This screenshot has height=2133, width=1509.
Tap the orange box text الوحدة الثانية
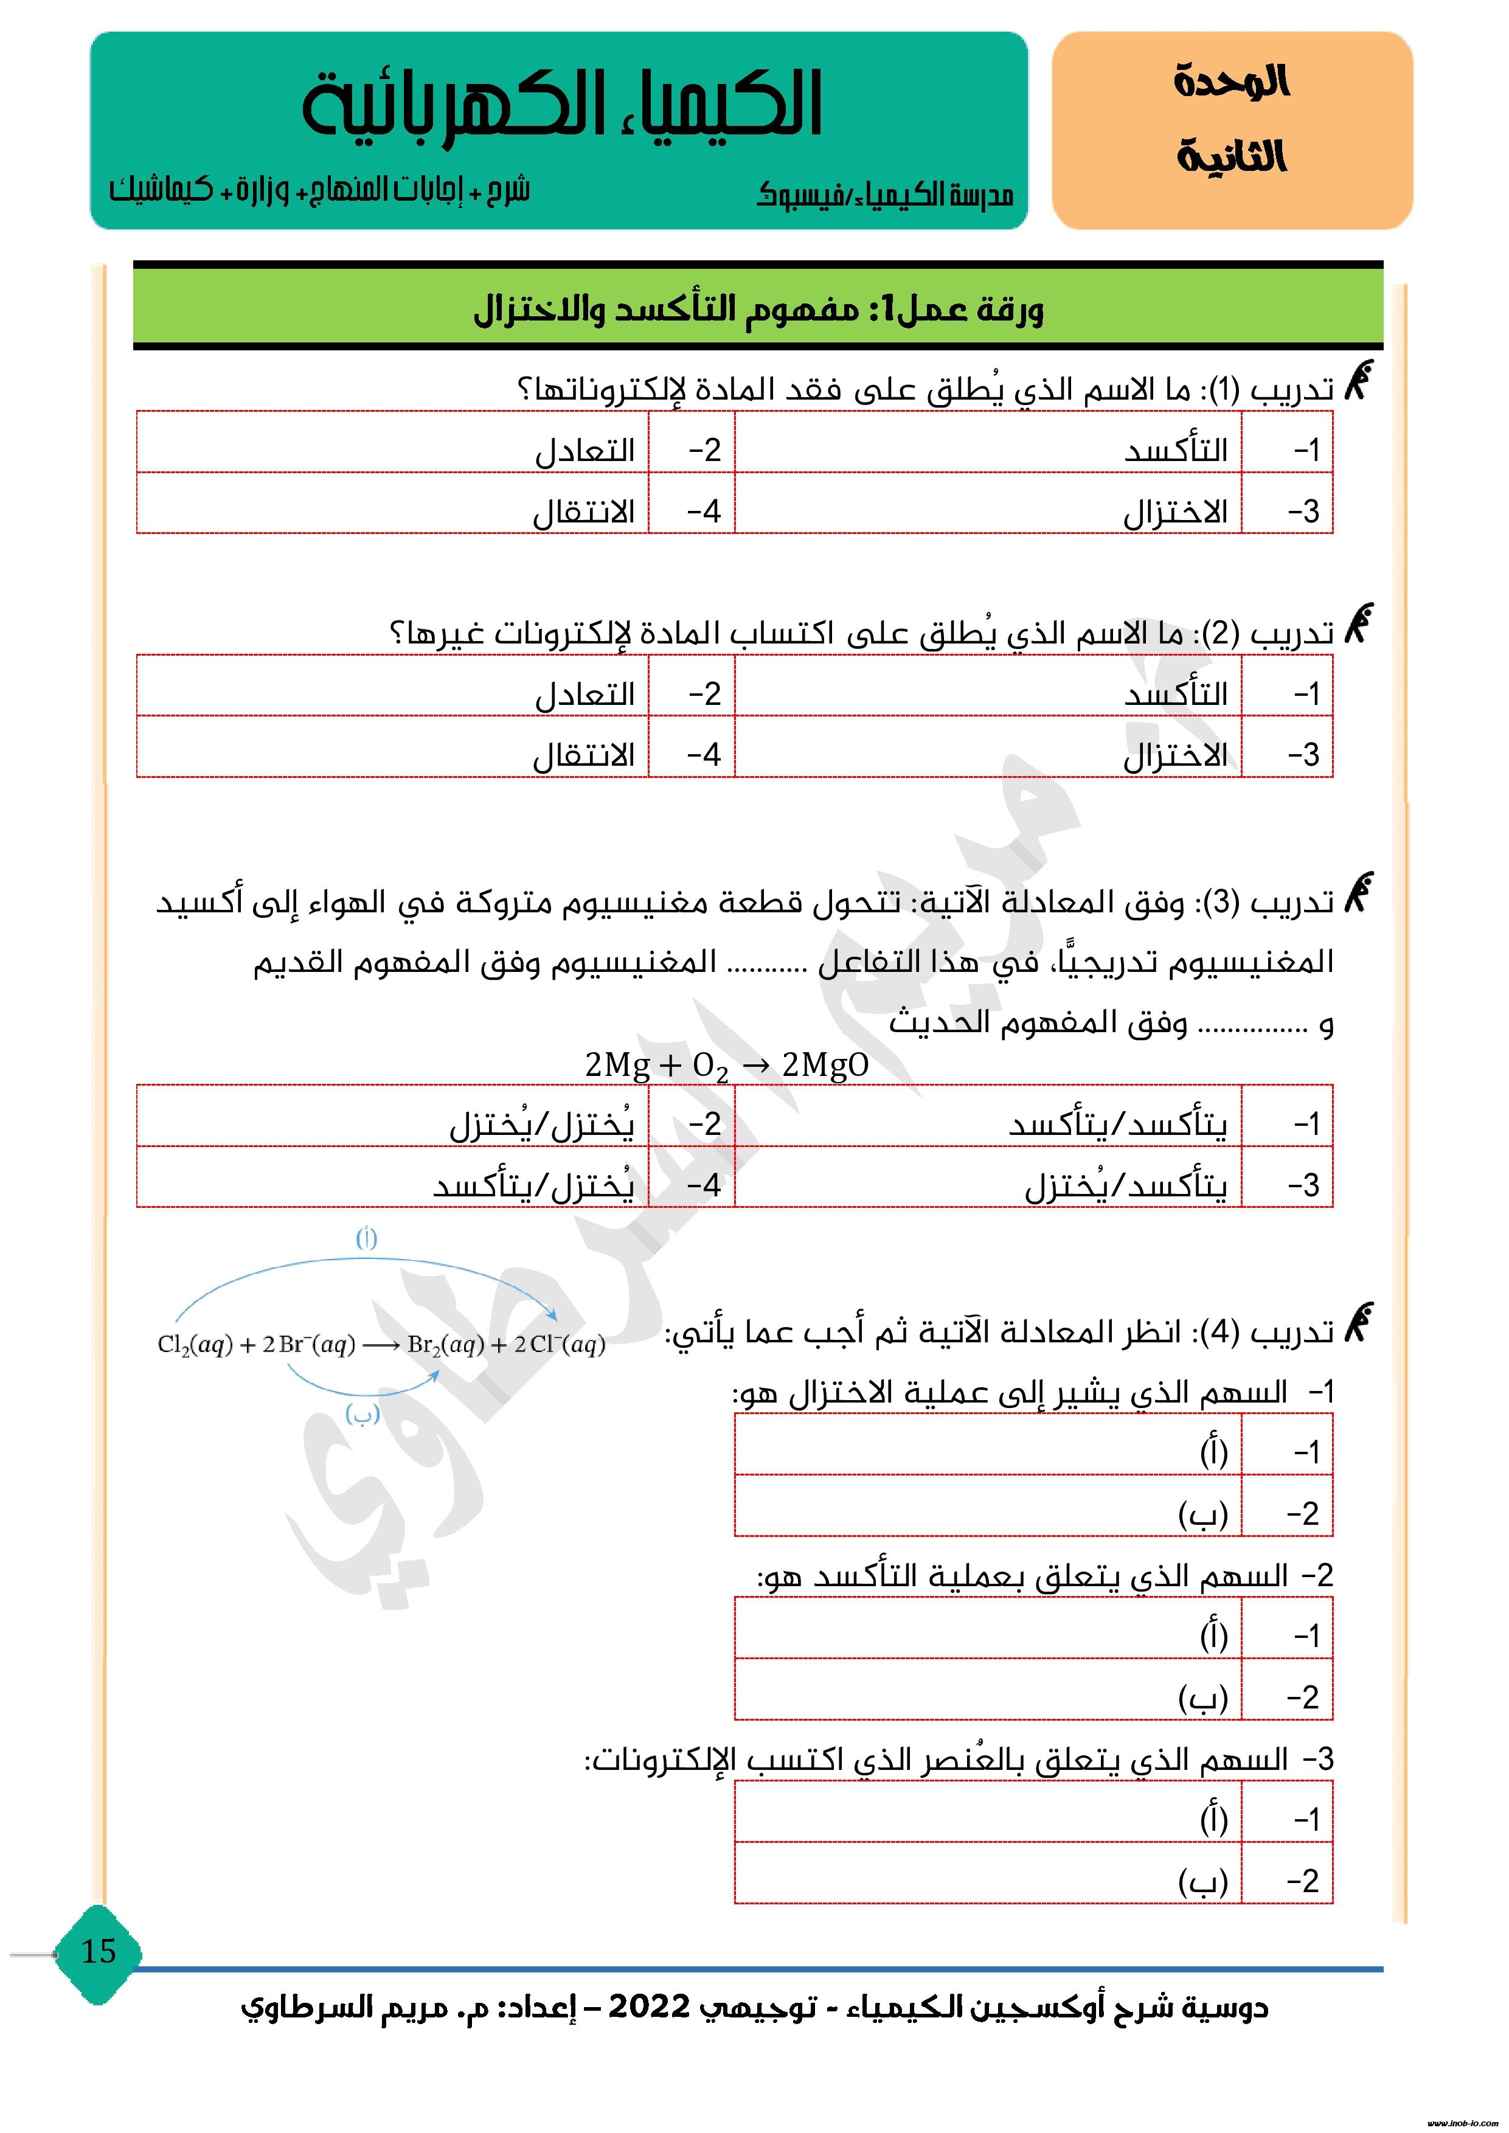click(x=1231, y=121)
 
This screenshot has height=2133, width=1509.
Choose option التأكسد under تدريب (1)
click(x=1176, y=451)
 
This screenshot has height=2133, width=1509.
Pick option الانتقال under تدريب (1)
click(x=583, y=512)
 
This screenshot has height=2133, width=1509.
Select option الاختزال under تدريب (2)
click(x=1176, y=755)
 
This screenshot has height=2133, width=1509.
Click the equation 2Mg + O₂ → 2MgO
click(x=727, y=1064)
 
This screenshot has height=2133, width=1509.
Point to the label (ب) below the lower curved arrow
click(x=363, y=1415)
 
